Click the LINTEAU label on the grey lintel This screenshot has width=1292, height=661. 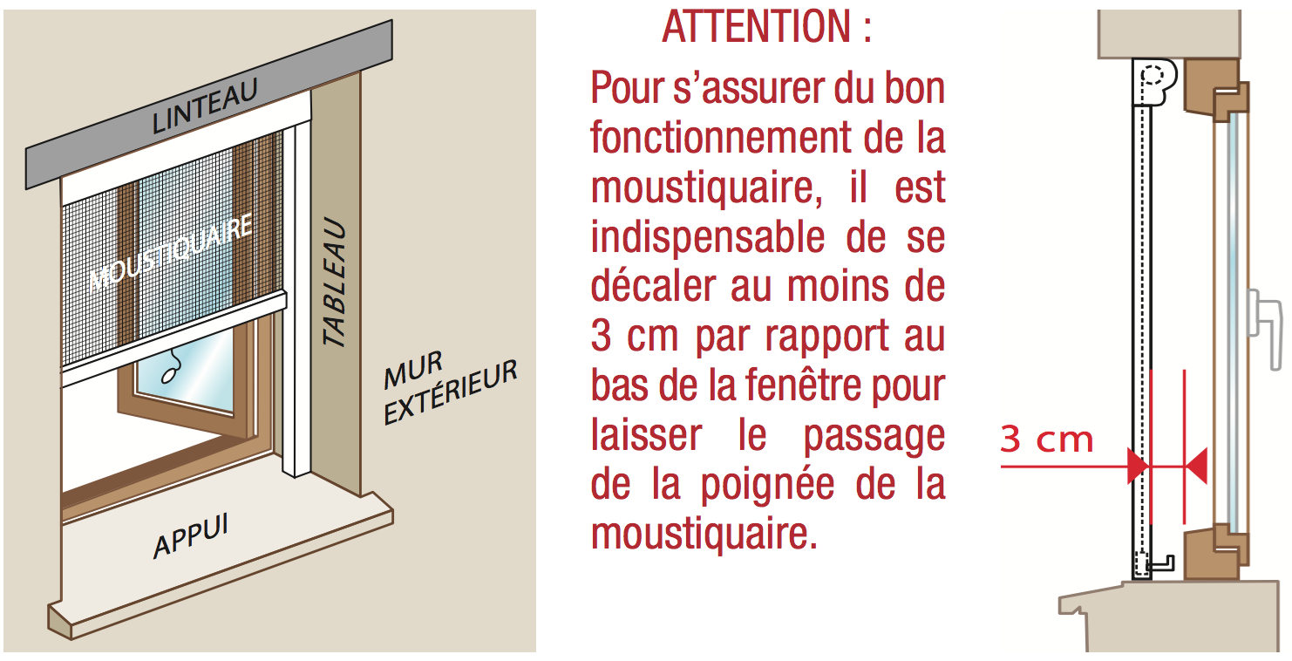click(204, 106)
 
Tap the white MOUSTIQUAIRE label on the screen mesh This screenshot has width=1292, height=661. click(171, 251)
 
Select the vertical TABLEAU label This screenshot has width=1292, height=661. click(335, 282)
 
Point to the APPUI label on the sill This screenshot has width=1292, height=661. click(191, 535)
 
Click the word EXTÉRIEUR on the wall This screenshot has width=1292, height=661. click(451, 392)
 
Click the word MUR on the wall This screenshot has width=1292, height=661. click(413, 369)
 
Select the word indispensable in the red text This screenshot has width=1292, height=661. click(708, 238)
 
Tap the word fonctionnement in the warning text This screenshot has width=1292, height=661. click(721, 138)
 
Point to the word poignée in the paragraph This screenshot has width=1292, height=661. click(767, 486)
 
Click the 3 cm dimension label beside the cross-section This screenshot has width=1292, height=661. click(1046, 440)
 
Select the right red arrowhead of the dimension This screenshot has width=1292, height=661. click(1196, 466)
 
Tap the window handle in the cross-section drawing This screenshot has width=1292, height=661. click(1266, 329)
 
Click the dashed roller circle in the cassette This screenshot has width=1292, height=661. click(1153, 75)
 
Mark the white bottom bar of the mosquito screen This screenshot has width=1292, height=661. click(173, 339)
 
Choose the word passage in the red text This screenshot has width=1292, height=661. click(874, 437)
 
